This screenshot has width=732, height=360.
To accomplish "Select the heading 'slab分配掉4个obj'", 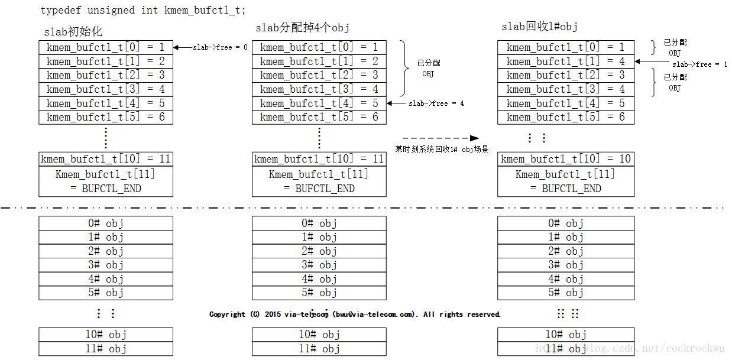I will click(x=303, y=28).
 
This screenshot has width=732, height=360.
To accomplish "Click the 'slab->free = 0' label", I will click(x=220, y=47).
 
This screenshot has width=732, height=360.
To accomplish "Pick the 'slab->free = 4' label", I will click(x=436, y=103).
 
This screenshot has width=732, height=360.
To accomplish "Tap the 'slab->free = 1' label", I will click(x=699, y=64).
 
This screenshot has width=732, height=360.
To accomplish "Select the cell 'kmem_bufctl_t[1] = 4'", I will click(x=566, y=61).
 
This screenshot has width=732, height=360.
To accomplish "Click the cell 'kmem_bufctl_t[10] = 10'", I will click(x=566, y=159).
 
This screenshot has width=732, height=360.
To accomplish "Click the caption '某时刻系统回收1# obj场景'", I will click(x=442, y=150).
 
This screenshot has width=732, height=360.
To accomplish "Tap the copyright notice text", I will click(x=355, y=314).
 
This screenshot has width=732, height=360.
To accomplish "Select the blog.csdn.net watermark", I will click(x=630, y=349).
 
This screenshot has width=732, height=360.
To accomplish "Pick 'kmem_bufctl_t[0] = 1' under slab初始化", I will click(x=106, y=47).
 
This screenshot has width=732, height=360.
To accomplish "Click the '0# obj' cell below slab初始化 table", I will click(x=106, y=223).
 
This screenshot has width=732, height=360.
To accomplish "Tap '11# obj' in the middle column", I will click(x=319, y=349).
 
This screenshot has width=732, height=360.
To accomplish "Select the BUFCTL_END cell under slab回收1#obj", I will click(x=566, y=181).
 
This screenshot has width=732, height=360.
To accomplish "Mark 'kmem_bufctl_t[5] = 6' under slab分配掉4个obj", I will click(x=319, y=117).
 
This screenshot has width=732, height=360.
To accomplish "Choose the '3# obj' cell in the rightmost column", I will click(x=566, y=265).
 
